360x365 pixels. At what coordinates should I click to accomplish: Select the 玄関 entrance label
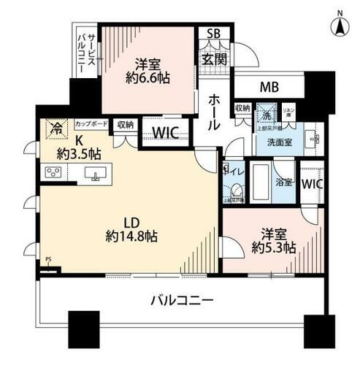212,58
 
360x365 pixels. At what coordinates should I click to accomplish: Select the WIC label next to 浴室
312,184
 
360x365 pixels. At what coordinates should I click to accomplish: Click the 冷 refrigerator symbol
55,129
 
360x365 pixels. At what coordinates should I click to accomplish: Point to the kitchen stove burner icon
54,173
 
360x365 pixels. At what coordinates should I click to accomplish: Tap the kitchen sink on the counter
94,173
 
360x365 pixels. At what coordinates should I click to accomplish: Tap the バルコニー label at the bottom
182,299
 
